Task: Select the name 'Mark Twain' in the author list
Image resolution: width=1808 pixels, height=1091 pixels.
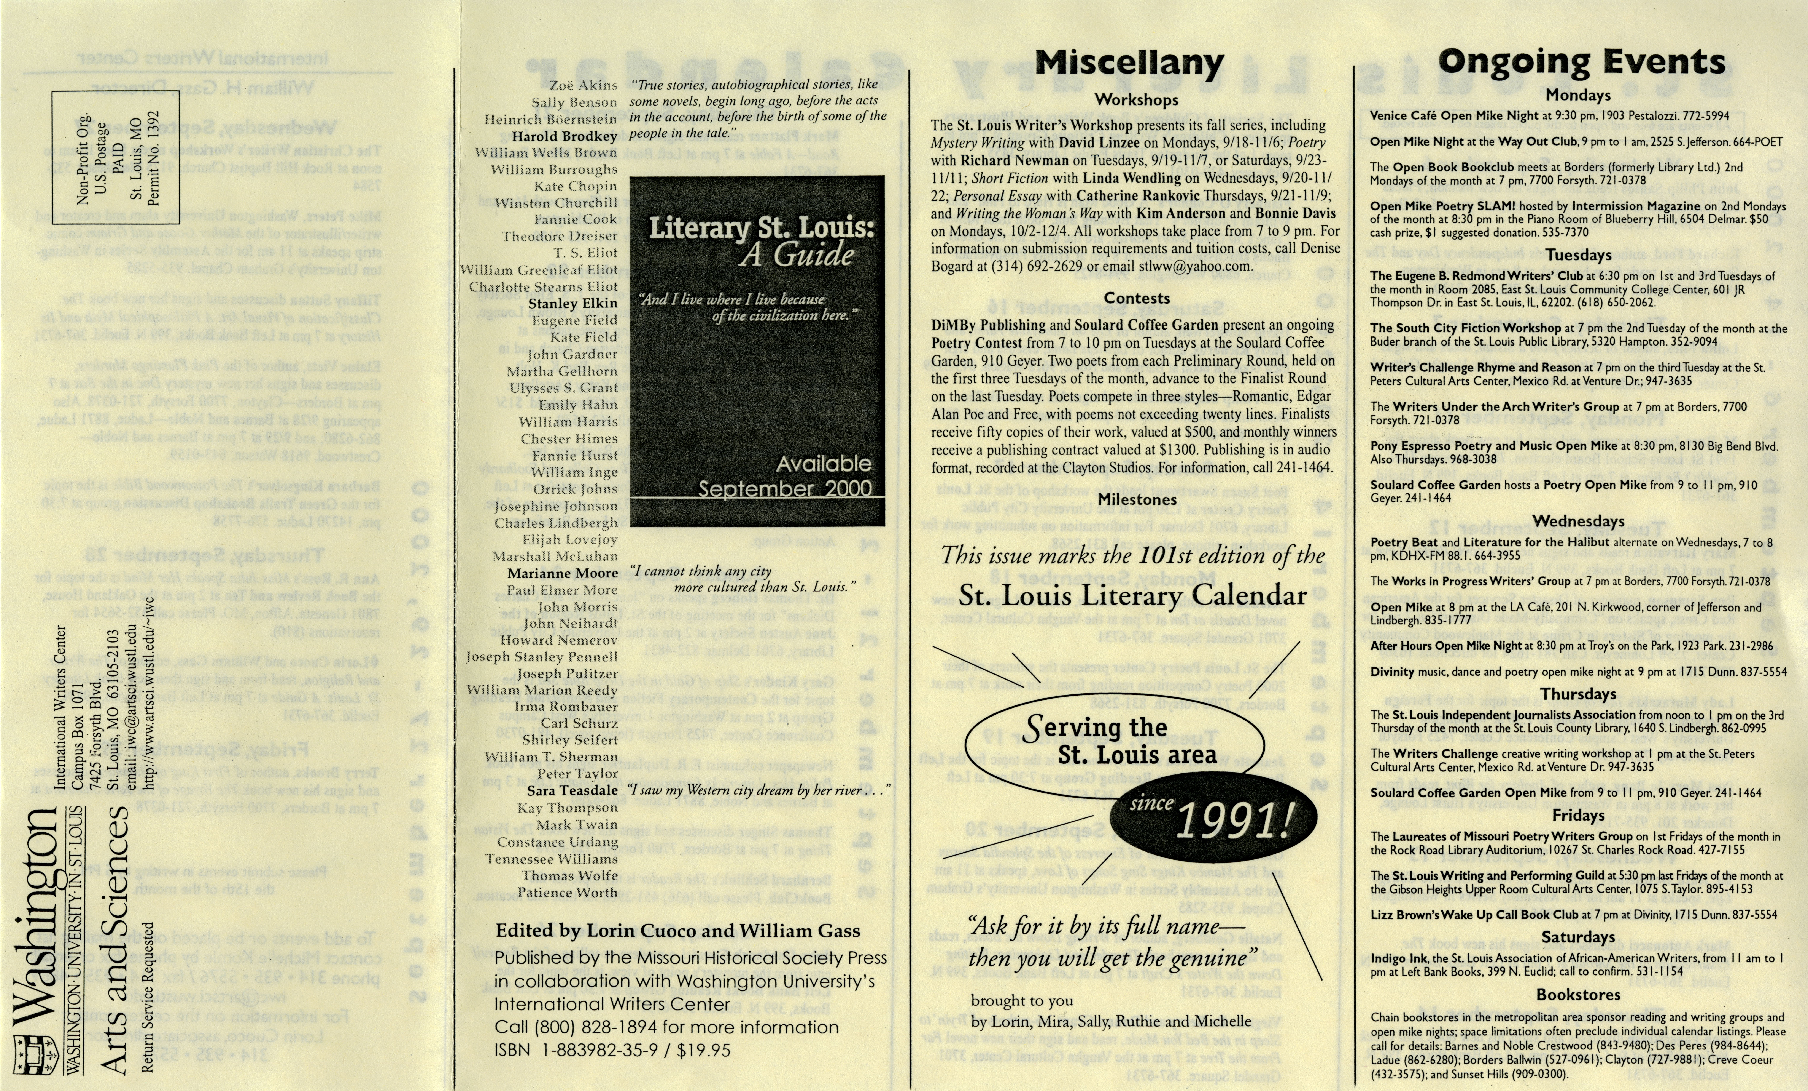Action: tap(577, 824)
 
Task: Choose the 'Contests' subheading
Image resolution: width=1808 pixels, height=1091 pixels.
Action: tap(1137, 298)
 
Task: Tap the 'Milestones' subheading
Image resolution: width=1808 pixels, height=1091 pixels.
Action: tap(1137, 499)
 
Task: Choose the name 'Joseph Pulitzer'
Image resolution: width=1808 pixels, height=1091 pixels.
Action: tap(567, 673)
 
